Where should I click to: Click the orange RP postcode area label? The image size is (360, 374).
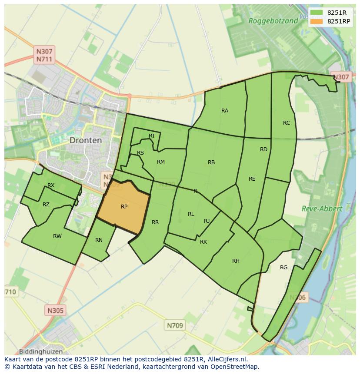(x=124, y=207)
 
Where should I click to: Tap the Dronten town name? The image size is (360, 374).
(x=86, y=140)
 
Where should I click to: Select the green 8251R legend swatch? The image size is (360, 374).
(x=317, y=13)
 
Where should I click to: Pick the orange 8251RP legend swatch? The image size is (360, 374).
(x=317, y=21)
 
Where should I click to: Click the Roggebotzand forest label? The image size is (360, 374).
(x=273, y=20)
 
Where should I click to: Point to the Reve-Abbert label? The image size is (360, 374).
(x=322, y=209)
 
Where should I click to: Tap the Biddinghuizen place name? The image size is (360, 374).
(x=41, y=351)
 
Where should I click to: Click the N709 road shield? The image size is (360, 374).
(x=175, y=325)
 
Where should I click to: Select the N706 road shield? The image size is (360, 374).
(x=298, y=298)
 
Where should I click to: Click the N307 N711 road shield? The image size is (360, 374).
(x=45, y=55)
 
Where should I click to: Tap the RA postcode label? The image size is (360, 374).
(x=224, y=111)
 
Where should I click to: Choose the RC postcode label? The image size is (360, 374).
(x=286, y=123)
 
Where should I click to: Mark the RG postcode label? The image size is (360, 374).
(x=283, y=268)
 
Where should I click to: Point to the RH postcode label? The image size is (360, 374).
(x=236, y=261)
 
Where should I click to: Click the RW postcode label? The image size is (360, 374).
(x=57, y=236)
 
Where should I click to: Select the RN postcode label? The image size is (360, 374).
(x=99, y=240)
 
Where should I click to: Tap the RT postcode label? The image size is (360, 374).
(x=152, y=136)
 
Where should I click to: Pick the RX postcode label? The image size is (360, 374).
(x=51, y=185)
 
